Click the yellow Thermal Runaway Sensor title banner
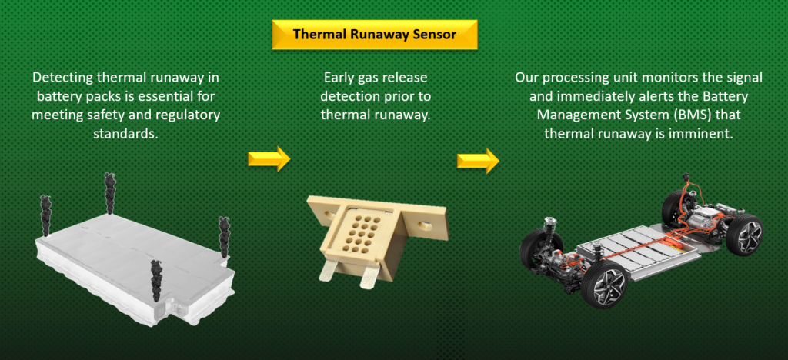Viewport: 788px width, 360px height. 375,35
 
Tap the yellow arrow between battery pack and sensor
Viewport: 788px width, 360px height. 269,158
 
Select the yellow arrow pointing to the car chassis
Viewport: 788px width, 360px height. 478,161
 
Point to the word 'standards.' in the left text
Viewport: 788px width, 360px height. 125,135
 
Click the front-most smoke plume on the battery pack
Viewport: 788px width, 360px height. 157,281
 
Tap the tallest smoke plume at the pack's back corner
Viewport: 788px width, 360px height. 110,193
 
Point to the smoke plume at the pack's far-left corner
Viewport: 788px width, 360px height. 46,216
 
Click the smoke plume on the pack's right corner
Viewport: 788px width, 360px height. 224,238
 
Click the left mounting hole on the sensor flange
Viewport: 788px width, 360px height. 330,215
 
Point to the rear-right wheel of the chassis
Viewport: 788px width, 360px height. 744,235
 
